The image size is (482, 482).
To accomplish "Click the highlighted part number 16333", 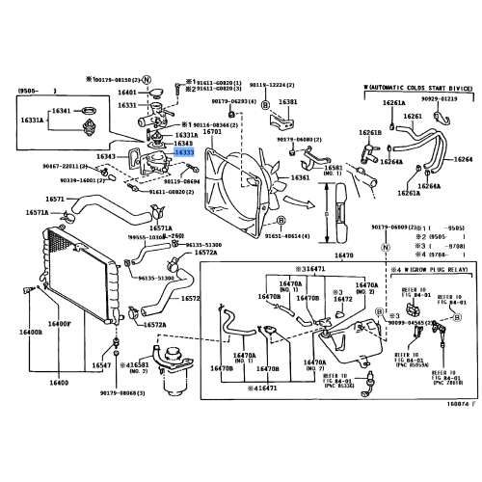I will point(184,152).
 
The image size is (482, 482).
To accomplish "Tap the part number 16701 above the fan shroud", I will point(213,131).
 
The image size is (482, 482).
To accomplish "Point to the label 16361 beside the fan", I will point(301,177).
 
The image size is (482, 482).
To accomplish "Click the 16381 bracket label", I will point(287,101).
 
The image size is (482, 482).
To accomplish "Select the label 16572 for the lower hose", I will point(191,299).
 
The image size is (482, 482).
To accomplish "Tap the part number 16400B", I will point(29,359).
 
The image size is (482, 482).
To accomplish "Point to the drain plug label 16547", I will point(102,366).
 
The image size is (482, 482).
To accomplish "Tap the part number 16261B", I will point(371,132).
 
